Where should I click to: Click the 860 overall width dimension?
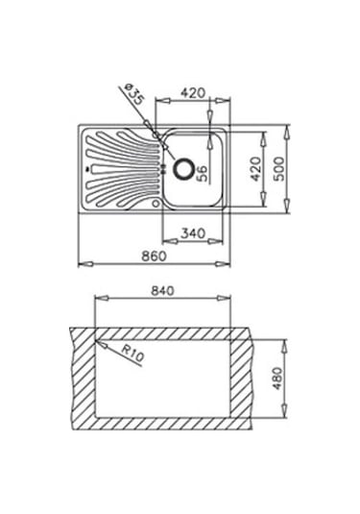[154, 256]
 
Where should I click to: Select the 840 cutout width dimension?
[162, 291]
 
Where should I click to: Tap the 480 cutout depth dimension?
[277, 379]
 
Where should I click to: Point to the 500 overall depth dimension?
[278, 169]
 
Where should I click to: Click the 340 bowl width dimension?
[193, 233]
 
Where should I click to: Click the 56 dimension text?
[203, 173]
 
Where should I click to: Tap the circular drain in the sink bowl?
[182, 169]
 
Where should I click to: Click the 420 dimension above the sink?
[193, 93]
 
